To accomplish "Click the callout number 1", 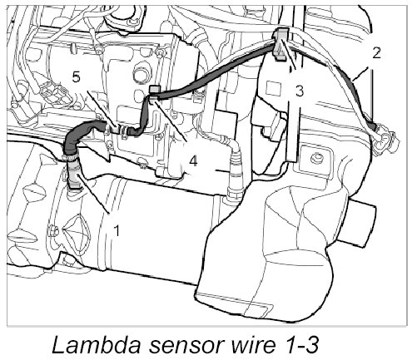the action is coord(117,230).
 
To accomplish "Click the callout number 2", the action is coord(376,52).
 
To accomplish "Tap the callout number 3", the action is coord(300,91).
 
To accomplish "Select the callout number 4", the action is coord(193,160).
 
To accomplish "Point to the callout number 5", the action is coord(77,76).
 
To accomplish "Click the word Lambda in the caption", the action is coord(96,344).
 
